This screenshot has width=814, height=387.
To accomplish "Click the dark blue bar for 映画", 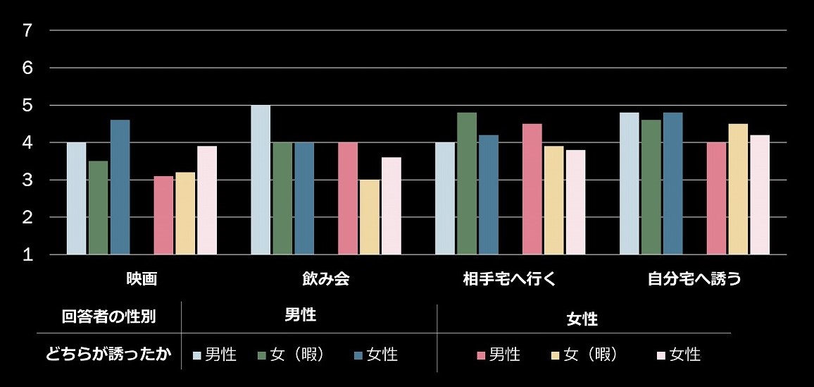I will tap(120, 187).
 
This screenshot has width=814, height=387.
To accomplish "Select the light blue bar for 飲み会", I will tap(261, 180).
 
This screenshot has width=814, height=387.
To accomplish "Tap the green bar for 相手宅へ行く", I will tap(467, 183).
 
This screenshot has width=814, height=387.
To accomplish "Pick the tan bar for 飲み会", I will tap(369, 217).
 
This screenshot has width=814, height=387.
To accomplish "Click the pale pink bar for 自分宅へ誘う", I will tap(760, 195).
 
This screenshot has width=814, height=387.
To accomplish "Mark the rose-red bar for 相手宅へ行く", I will tap(532, 189).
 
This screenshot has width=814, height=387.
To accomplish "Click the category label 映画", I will tap(142, 278).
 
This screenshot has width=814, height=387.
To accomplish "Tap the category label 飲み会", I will tap(326, 278).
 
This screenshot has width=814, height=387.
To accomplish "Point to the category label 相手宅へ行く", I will tap(510, 278).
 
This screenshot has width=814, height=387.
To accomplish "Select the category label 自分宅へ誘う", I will tap(694, 278).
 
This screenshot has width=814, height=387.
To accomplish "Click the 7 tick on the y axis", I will tap(27, 30).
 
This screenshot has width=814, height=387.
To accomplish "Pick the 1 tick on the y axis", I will tap(27, 254).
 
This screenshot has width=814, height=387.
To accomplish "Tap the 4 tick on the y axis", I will tap(27, 142).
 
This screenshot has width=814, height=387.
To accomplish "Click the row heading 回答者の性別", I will tap(108, 317).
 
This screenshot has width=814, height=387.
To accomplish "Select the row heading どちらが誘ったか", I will tap(108, 354).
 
